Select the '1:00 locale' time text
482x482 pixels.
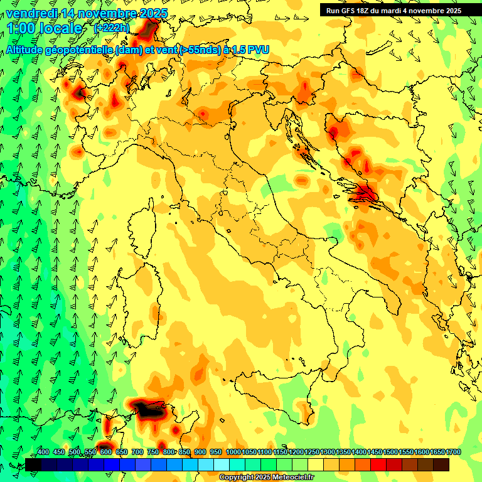point(45,28)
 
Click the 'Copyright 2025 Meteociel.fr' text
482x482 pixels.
point(267,478)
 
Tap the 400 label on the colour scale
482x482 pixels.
point(43,453)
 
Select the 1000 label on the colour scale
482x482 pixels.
point(233,453)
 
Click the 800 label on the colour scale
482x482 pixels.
point(169,453)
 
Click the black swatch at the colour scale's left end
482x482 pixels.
point(33,464)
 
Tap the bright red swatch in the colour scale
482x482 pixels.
point(378,464)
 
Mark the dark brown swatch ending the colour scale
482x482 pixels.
point(441,464)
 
